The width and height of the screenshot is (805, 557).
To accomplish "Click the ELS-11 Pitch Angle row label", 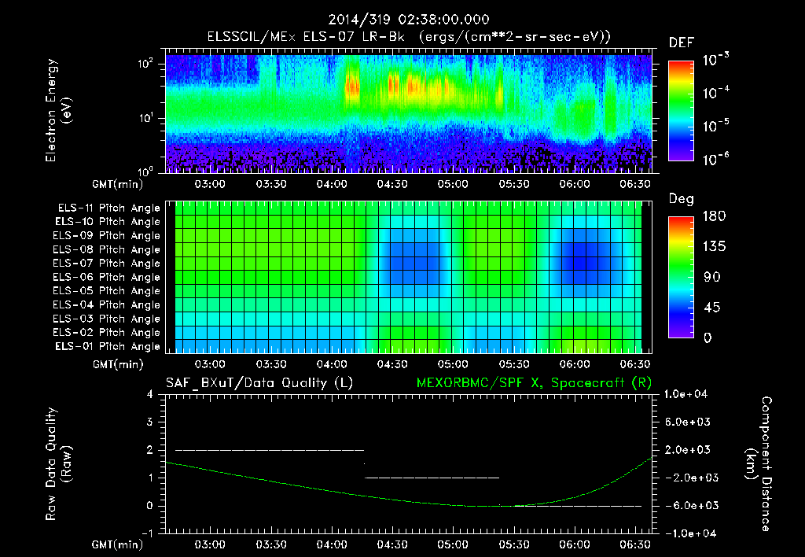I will tap(108, 208).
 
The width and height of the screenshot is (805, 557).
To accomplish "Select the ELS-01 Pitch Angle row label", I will tap(108, 346).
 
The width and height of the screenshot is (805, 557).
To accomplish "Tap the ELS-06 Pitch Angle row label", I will tap(108, 277).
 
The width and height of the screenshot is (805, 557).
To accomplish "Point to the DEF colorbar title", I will tap(681, 43).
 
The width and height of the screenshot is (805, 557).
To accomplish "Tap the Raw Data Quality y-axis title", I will tap(59, 464).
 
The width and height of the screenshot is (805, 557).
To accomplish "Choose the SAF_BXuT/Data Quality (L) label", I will tap(259, 383).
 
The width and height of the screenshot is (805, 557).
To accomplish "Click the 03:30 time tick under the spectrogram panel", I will tap(270, 183).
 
